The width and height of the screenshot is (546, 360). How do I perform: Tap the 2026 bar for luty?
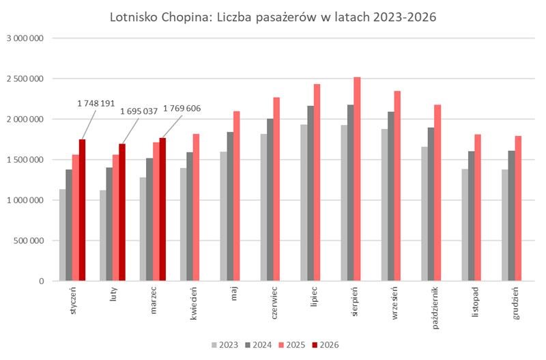tap(122, 212)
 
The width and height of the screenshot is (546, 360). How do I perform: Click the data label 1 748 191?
tap(96, 103)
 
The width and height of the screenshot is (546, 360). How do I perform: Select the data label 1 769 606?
tap(182, 109)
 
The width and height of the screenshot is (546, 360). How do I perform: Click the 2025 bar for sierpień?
tap(357, 179)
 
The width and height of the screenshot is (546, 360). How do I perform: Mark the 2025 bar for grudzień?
tap(518, 208)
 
